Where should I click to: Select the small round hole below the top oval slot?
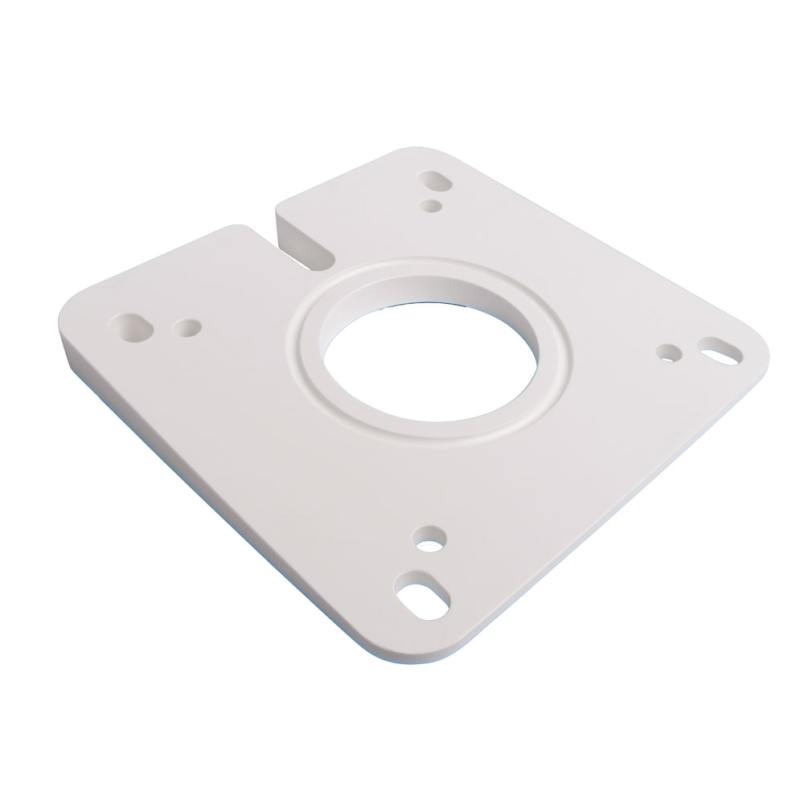(x=433, y=206)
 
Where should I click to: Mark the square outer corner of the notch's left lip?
(x=241, y=229)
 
